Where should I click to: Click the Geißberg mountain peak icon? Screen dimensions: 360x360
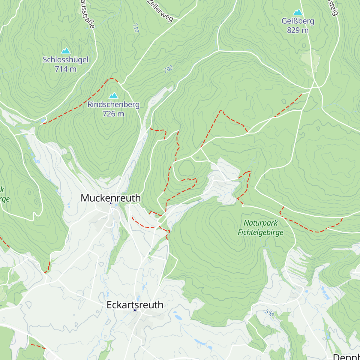(x=298, y=12)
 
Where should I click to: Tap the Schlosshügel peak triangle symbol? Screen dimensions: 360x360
(x=65, y=51)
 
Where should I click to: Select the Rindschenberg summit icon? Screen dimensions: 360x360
(x=113, y=96)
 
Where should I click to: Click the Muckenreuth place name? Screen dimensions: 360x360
(x=111, y=198)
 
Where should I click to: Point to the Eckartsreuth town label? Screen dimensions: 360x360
(x=135, y=304)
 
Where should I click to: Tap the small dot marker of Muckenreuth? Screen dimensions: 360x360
(x=110, y=203)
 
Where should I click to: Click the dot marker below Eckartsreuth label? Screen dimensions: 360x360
(x=135, y=310)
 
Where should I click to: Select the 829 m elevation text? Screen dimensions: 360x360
(x=298, y=30)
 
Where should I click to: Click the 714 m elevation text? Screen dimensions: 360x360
(x=65, y=69)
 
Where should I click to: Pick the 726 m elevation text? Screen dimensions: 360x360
(x=113, y=114)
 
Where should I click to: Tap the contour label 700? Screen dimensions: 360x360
(x=168, y=69)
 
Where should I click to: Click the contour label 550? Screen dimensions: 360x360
(x=270, y=313)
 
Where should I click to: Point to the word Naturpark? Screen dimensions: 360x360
(x=260, y=223)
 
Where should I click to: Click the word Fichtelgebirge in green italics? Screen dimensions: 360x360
(x=260, y=232)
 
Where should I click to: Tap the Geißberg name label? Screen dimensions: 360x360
(x=298, y=21)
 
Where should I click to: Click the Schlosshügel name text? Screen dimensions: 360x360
(x=65, y=60)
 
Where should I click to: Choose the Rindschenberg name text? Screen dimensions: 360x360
(x=113, y=104)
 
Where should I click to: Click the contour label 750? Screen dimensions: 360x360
(x=136, y=28)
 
